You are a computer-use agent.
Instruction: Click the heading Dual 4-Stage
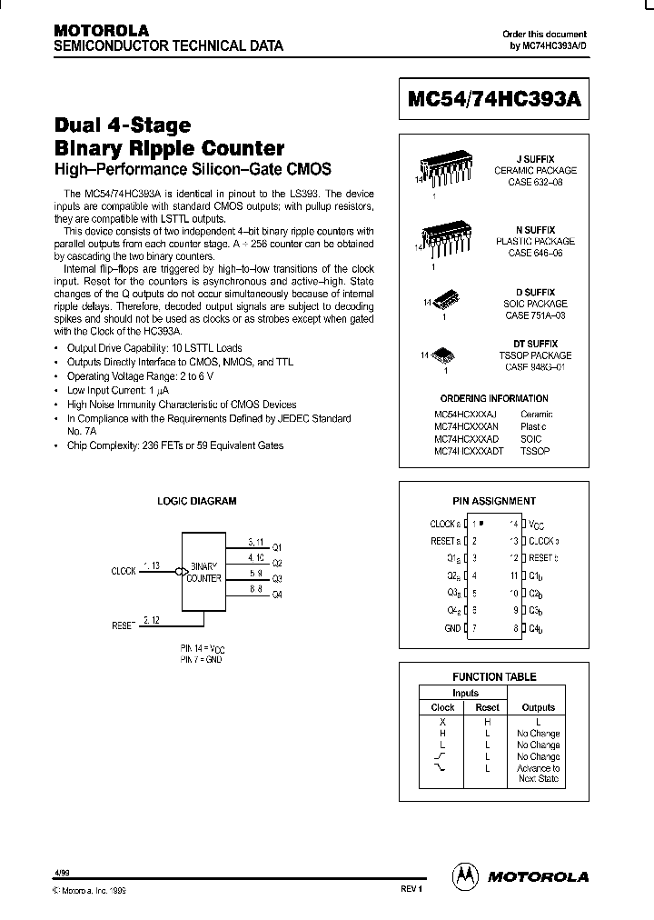point(123,126)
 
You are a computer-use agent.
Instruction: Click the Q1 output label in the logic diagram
point(277,547)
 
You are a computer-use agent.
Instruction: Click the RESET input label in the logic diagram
point(123,625)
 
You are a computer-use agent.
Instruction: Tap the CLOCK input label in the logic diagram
point(124,571)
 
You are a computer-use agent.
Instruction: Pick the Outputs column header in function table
point(538,707)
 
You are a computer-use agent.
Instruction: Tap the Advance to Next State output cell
point(538,774)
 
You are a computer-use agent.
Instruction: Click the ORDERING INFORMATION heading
point(494,398)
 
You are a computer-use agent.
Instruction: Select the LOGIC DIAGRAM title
point(197,501)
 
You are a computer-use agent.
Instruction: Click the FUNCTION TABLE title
point(494,676)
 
